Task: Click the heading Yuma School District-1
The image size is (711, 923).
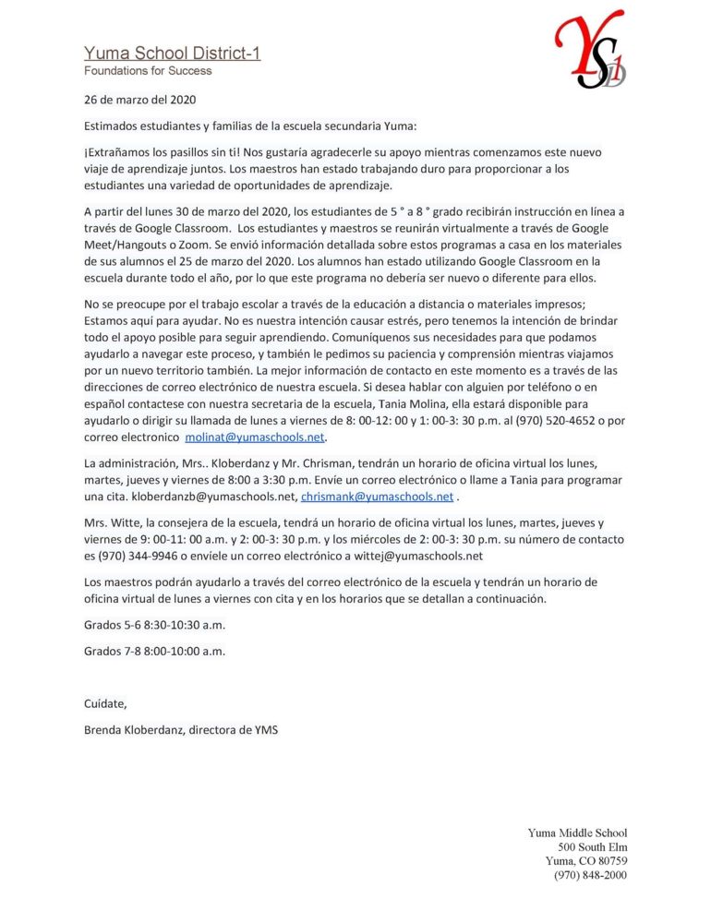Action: click(x=172, y=54)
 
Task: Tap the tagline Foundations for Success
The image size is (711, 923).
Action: click(x=148, y=71)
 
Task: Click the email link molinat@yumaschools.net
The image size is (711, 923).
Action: click(x=256, y=438)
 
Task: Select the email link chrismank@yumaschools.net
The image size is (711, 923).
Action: click(x=378, y=497)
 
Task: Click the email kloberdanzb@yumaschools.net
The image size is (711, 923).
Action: click(x=215, y=497)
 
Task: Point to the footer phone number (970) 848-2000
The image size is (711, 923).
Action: click(x=590, y=875)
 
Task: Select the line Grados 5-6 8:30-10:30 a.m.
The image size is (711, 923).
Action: click(x=154, y=625)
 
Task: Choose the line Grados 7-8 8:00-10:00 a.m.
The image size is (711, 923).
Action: click(x=154, y=651)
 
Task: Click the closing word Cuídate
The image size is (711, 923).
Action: click(x=105, y=704)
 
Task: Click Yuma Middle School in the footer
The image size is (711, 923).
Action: click(x=577, y=833)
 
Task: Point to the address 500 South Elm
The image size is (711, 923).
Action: click(x=592, y=847)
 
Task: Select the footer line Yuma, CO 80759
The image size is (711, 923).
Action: click(x=586, y=861)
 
